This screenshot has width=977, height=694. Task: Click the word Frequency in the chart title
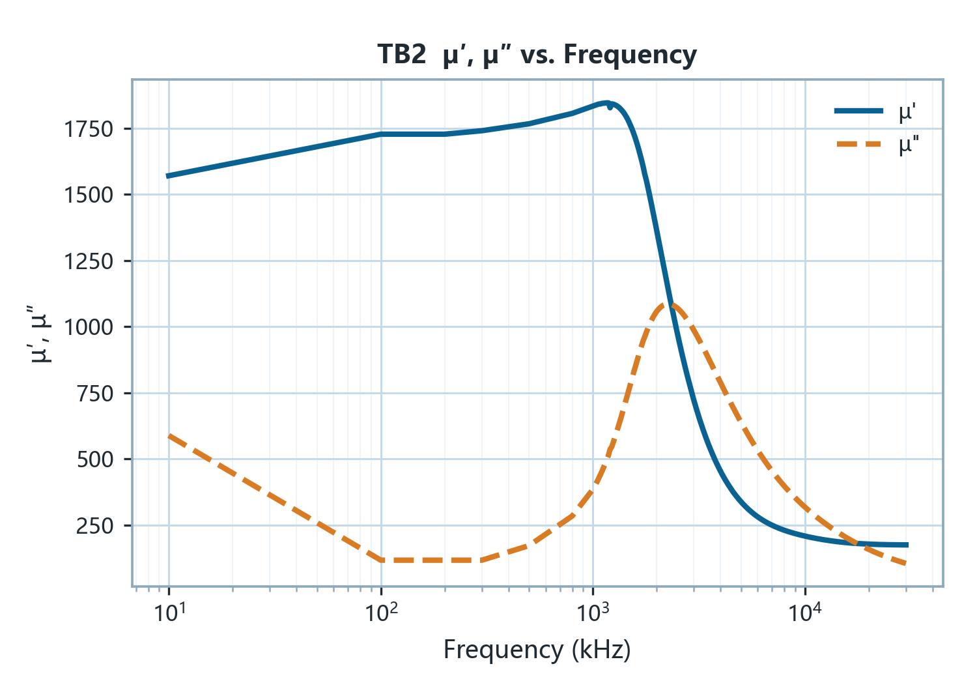[x=630, y=55]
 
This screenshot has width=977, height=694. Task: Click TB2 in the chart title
[x=401, y=55]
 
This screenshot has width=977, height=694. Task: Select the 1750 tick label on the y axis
[x=89, y=129]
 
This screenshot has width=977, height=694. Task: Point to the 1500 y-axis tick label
[x=89, y=195]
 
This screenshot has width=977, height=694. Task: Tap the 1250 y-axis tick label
[x=89, y=261]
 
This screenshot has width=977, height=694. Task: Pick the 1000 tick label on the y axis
[x=89, y=327]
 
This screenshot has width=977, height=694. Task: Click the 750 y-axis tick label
[x=95, y=394]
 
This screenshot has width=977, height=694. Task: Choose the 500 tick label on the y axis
[x=95, y=459]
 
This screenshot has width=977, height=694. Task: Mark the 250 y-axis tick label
[x=95, y=526]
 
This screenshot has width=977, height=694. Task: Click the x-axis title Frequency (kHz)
[x=537, y=650]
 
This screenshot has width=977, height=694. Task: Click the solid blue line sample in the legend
[x=859, y=111]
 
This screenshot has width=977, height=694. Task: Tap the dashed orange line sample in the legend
[x=859, y=144]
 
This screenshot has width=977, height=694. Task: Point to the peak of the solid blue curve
[x=606, y=104]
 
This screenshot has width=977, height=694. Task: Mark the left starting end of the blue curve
[x=168, y=176]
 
